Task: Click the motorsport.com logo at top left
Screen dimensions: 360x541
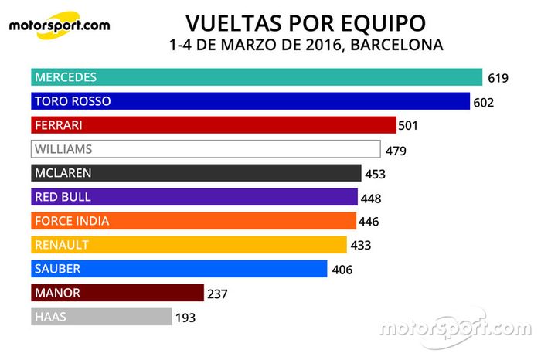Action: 59,25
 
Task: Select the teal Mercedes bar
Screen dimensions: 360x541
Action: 257,77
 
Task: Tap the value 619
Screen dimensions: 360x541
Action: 497,78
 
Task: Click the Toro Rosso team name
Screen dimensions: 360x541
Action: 73,101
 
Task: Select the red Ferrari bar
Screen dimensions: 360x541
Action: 213,125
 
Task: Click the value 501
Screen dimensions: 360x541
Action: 407,126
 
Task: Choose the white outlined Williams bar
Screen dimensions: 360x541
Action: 206,149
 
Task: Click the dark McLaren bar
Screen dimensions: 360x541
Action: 196,173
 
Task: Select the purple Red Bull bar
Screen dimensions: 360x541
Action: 194,197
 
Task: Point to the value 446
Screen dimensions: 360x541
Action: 369,222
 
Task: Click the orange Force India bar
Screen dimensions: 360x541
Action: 193,221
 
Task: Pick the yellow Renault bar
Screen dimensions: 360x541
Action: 189,245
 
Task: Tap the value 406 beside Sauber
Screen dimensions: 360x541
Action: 341,270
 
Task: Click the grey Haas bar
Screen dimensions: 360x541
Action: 101,317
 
